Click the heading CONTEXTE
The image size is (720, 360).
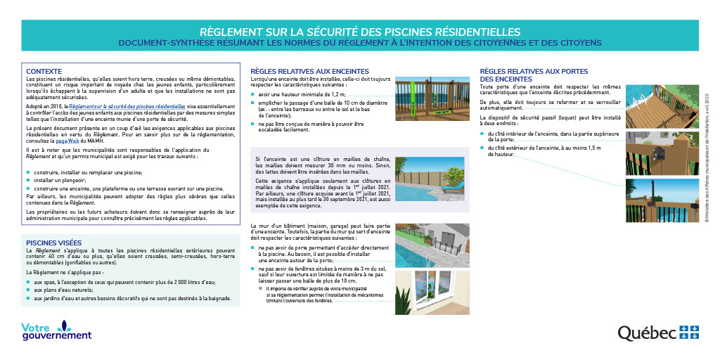point(44,72)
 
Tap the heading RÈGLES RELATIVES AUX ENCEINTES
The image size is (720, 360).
point(309,72)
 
